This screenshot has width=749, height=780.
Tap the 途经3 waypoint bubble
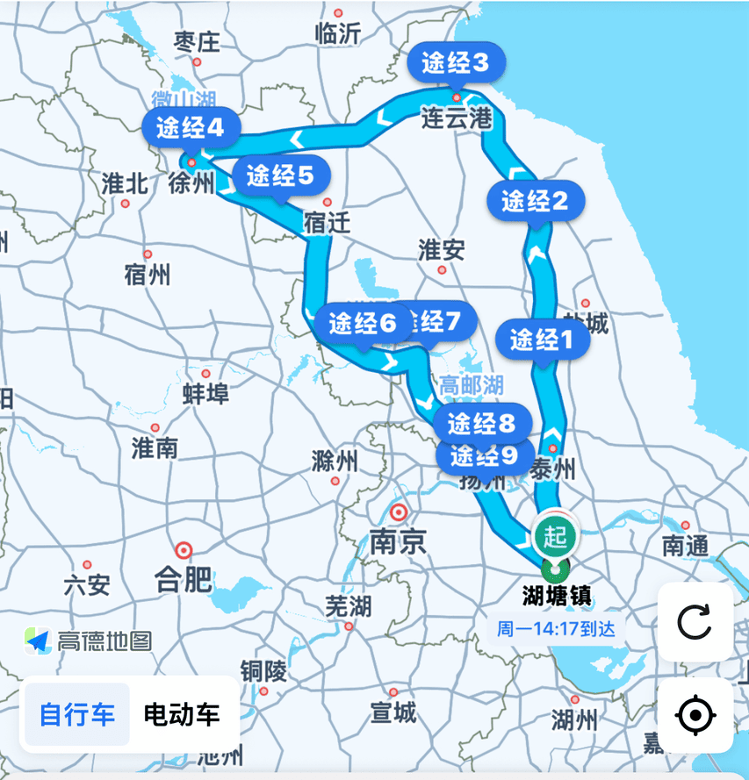pyautogui.click(x=455, y=62)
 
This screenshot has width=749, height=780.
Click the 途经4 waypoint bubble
pyautogui.click(x=191, y=129)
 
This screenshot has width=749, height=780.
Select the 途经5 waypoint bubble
pyautogui.click(x=280, y=175)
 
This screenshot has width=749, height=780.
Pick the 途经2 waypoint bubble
pyautogui.click(x=536, y=201)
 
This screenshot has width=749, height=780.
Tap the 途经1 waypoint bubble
pyautogui.click(x=543, y=338)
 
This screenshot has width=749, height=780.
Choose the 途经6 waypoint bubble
pyautogui.click(x=363, y=324)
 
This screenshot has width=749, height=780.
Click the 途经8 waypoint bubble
pyautogui.click(x=482, y=424)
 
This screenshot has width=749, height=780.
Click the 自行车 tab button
pyautogui.click(x=77, y=714)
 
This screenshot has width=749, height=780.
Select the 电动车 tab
pyautogui.click(x=182, y=714)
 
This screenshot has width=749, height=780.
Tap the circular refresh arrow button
pyautogui.click(x=695, y=622)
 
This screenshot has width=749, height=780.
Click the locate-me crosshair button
pyautogui.click(x=695, y=715)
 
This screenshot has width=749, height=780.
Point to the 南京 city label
pyautogui.click(x=398, y=542)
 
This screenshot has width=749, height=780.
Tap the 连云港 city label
pyautogui.click(x=456, y=118)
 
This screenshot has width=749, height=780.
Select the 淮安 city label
pyautogui.click(x=441, y=250)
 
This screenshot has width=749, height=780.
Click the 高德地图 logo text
pyautogui.click(x=104, y=640)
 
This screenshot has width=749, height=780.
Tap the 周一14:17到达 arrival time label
pyautogui.click(x=556, y=628)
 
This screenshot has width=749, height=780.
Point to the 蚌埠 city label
pyautogui.click(x=205, y=394)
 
